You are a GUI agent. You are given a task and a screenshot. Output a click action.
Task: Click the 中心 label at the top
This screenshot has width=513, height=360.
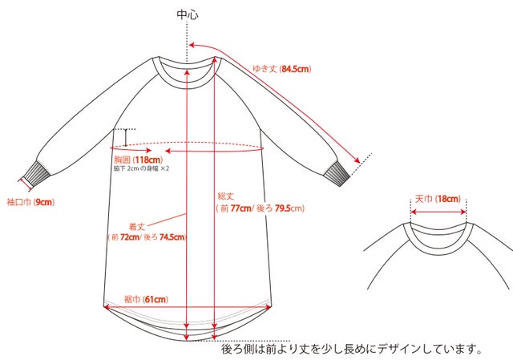point(188,14)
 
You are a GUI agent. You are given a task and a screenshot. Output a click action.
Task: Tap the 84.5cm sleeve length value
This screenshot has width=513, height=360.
point(295,69)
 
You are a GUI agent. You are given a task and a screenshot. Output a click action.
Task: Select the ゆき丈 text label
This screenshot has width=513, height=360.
point(265,69)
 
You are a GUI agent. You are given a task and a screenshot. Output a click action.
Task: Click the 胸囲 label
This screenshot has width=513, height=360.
point(123,160)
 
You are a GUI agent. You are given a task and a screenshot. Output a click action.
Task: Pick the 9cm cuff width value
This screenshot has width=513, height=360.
point(44,202)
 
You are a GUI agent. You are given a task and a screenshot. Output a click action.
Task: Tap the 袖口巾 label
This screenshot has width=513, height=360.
point(19,202)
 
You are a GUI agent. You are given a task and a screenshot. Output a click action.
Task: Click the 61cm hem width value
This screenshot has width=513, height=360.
point(156,299)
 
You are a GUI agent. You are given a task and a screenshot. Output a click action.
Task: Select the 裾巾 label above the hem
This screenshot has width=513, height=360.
point(132,299)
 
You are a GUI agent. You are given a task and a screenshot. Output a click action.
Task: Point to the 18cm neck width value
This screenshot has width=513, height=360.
point(449,199)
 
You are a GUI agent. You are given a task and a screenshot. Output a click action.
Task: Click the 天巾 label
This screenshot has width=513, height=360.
point(424,199)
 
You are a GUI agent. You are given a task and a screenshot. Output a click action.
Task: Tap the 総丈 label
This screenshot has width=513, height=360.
point(226,196)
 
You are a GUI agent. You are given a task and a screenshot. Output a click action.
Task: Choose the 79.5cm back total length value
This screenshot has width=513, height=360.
point(283,208)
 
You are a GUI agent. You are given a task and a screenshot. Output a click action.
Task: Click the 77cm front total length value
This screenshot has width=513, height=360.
point(240,208)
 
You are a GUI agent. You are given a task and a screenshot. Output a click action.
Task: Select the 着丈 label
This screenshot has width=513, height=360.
point(137,226)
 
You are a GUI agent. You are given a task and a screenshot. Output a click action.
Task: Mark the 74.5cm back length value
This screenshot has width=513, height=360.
point(172,237)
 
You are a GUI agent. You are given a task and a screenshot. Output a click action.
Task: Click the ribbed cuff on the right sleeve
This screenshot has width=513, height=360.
point(337,175)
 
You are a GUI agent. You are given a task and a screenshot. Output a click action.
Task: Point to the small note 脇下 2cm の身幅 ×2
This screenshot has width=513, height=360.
point(141,169)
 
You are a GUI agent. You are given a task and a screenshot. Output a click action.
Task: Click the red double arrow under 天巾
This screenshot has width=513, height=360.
point(438,212)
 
